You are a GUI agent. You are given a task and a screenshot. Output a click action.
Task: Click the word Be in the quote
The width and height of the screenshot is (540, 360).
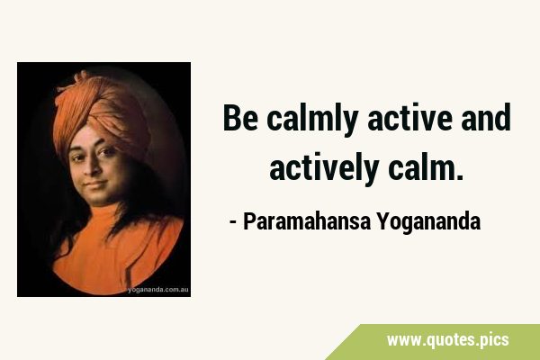click(240, 118)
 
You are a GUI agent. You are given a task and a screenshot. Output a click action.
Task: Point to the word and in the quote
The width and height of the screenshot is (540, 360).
click(486, 117)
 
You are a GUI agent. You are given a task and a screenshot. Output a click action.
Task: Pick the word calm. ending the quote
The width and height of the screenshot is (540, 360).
click(426, 166)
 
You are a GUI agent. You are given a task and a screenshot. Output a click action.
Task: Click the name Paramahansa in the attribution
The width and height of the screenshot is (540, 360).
click(307, 221)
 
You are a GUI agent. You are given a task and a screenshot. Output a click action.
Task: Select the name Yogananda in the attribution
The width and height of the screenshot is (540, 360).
click(428, 223)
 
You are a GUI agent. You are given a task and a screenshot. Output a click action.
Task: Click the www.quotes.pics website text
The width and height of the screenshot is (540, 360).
click(447, 340)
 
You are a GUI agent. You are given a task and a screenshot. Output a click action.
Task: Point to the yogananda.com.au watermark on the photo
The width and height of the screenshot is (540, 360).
click(158, 290)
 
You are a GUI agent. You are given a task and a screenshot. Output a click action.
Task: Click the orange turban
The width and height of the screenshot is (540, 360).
click(101, 110)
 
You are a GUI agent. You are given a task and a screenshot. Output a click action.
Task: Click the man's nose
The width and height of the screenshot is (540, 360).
click(89, 169)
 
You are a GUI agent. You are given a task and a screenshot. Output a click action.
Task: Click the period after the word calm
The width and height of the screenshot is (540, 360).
click(460, 177)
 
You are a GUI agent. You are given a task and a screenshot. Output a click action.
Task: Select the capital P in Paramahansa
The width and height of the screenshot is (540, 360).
click(248, 221)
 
